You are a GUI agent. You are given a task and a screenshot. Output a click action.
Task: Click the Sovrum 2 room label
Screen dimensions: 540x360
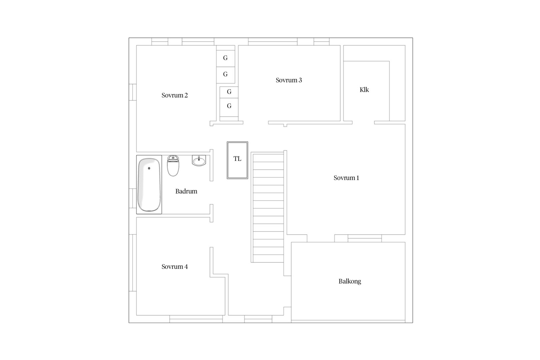(175, 95)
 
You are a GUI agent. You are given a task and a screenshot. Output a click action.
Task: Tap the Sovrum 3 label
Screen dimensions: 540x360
(289, 80)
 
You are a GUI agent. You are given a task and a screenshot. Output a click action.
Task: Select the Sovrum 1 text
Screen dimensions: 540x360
(346, 178)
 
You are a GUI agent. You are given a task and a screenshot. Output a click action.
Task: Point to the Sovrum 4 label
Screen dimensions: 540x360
(175, 267)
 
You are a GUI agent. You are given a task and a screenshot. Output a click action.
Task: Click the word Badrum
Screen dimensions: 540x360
(186, 191)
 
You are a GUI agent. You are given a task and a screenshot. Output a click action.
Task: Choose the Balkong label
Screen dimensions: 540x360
(350, 281)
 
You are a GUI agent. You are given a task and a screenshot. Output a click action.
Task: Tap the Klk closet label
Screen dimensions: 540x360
(364, 90)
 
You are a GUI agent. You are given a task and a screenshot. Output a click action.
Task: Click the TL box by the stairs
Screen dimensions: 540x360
(237, 160)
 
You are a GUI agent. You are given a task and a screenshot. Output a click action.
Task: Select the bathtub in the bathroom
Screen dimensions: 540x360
(149, 185)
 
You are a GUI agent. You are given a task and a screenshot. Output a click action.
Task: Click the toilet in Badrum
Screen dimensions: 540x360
(173, 166)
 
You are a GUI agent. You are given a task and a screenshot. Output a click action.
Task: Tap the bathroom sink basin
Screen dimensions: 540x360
(199, 161)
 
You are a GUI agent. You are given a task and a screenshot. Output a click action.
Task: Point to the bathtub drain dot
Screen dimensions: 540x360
(149, 168)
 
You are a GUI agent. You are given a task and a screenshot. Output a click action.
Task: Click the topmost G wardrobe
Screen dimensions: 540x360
(226, 58)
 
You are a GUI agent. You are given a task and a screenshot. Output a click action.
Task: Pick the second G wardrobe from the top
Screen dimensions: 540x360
(226, 75)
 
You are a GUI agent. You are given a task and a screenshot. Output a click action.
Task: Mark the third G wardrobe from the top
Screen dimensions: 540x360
(229, 92)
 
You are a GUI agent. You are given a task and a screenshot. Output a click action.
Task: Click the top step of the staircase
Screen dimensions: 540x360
(268, 158)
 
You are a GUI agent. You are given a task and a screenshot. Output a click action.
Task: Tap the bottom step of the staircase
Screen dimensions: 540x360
(268, 258)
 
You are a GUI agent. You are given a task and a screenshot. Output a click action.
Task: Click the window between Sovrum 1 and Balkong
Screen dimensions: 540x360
(365, 238)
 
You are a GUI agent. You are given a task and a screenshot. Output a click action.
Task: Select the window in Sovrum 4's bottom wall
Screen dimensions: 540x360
(196, 319)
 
